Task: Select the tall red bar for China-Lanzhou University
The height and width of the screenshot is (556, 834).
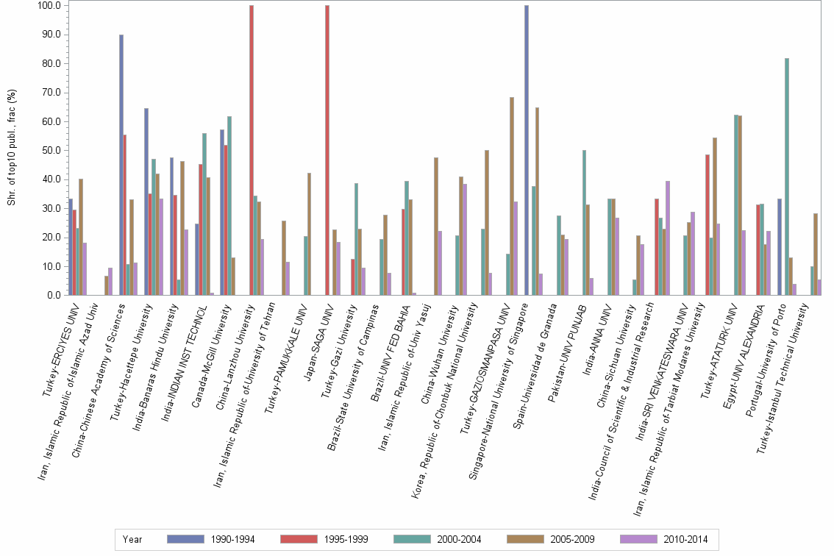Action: click(252, 150)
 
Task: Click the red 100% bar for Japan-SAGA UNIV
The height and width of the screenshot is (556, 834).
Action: click(327, 150)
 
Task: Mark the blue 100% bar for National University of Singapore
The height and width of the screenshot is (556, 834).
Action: click(527, 150)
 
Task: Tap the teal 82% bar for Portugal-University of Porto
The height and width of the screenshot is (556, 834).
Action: click(787, 177)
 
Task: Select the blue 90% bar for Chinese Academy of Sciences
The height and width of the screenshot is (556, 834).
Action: click(121, 165)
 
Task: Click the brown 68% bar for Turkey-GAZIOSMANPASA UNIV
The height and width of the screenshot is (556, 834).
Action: click(512, 196)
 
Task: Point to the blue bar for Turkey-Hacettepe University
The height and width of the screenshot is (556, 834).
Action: click(146, 202)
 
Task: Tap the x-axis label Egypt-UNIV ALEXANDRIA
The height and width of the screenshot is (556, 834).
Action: click(743, 346)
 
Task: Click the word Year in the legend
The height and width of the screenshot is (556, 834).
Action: click(132, 540)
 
